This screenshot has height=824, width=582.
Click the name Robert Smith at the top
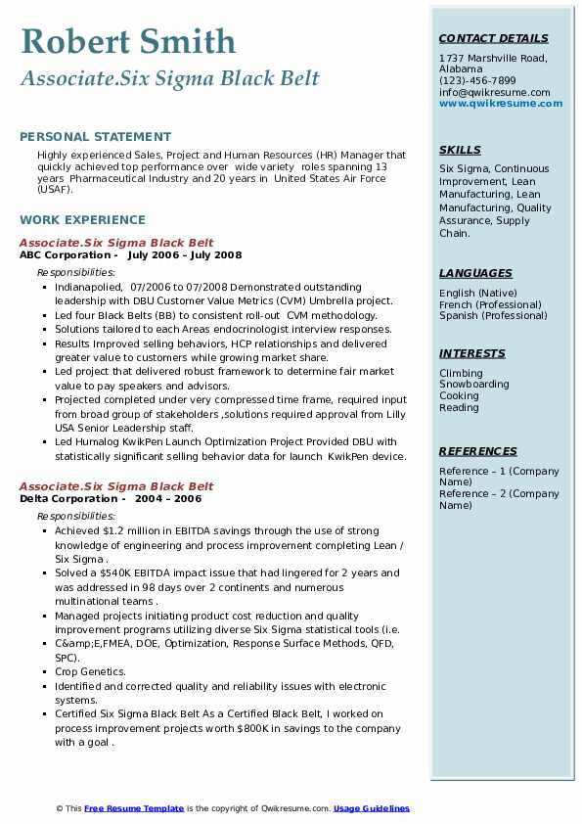(x=127, y=41)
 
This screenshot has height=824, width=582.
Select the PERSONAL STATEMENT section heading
(x=95, y=137)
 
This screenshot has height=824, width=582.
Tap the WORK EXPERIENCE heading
(x=82, y=220)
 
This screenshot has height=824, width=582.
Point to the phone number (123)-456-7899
(x=477, y=81)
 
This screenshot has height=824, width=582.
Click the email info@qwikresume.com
(x=494, y=93)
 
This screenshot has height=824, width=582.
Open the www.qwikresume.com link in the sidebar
(x=494, y=104)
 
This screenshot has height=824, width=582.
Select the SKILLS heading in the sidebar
(x=460, y=150)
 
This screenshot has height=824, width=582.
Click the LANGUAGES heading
(x=475, y=273)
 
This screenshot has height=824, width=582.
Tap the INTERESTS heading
(x=472, y=353)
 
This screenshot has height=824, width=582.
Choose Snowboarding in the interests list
(x=474, y=385)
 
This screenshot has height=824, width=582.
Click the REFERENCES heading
(x=478, y=451)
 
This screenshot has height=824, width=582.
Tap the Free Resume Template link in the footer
(x=134, y=808)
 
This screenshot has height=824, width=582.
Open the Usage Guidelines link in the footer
(x=372, y=808)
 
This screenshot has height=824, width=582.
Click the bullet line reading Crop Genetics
(x=90, y=672)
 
